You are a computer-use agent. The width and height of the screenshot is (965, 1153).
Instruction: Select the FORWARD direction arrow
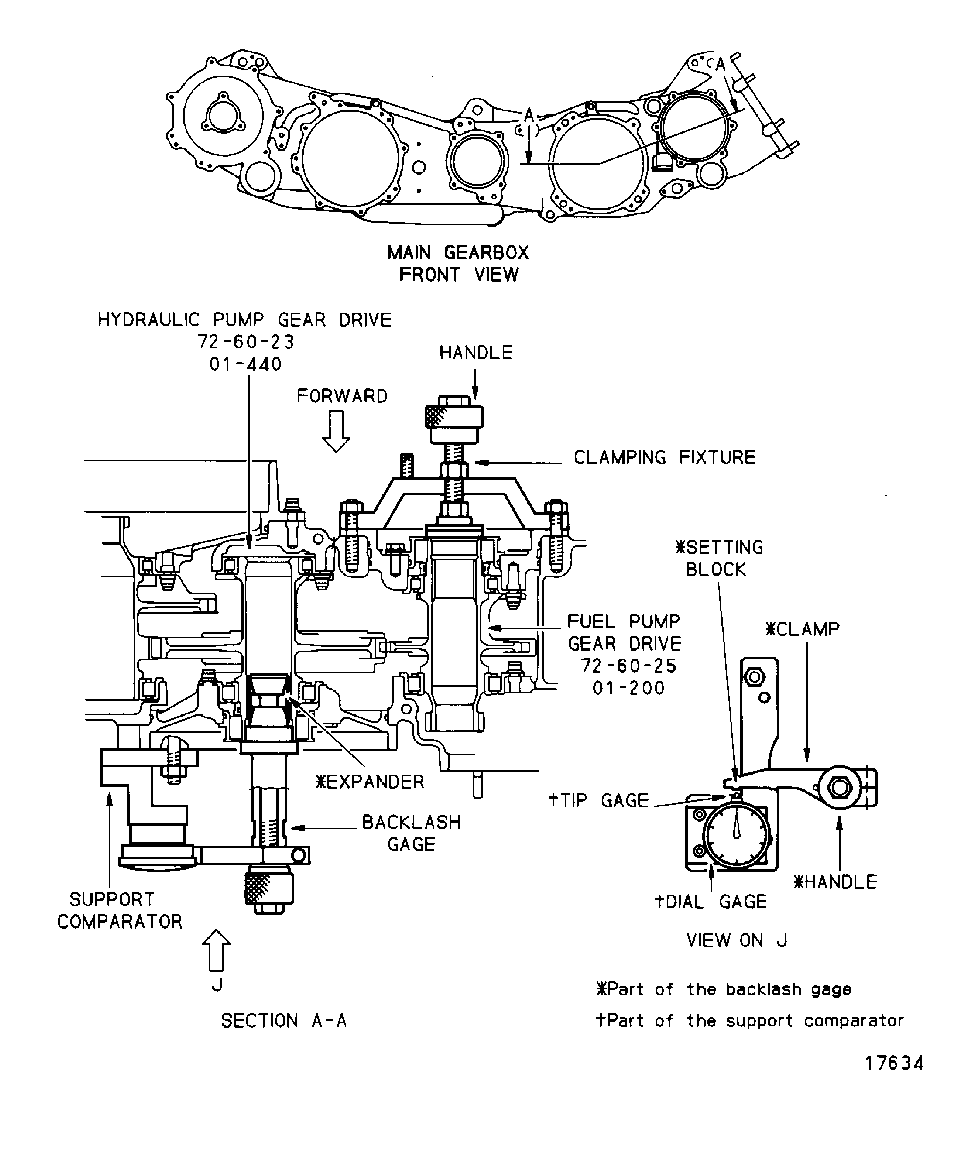coord(335,431)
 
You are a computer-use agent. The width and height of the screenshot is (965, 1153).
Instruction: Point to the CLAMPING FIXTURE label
coord(665,457)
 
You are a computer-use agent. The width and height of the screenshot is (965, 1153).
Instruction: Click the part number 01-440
coord(246,364)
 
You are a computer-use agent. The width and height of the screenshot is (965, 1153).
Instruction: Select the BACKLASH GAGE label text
coord(411,833)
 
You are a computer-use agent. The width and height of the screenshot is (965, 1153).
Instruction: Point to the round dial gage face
coord(736,836)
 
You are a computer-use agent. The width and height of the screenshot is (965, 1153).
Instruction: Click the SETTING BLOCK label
coord(718,558)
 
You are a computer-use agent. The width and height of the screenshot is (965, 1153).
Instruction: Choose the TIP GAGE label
coord(599,800)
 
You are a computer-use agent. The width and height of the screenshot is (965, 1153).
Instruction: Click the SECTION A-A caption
coord(283,1021)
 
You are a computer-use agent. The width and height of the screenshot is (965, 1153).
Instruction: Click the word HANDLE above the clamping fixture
coord(476,353)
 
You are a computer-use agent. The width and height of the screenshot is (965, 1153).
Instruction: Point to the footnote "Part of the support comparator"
coord(750,1021)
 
